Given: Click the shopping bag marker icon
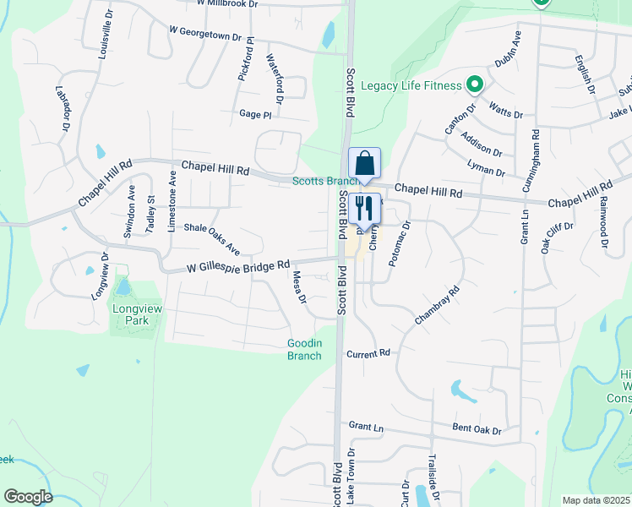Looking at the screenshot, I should (364, 163).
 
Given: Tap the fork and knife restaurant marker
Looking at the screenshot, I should (364, 208).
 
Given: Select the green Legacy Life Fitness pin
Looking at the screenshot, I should (475, 84).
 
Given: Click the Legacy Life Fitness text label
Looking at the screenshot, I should (411, 85).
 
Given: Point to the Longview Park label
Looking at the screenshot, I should (131, 314).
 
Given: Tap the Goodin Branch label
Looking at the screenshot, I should (304, 349).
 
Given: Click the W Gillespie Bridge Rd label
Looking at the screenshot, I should (238, 266).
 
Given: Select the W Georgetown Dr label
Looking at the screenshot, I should (211, 34).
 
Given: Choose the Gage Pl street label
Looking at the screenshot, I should (255, 114).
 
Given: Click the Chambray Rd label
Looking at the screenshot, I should (437, 306).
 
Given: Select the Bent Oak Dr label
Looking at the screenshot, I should (477, 430).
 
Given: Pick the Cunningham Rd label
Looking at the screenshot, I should (535, 161).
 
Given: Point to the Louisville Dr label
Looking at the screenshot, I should (106, 33).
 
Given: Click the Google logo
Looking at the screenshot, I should (27, 497).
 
